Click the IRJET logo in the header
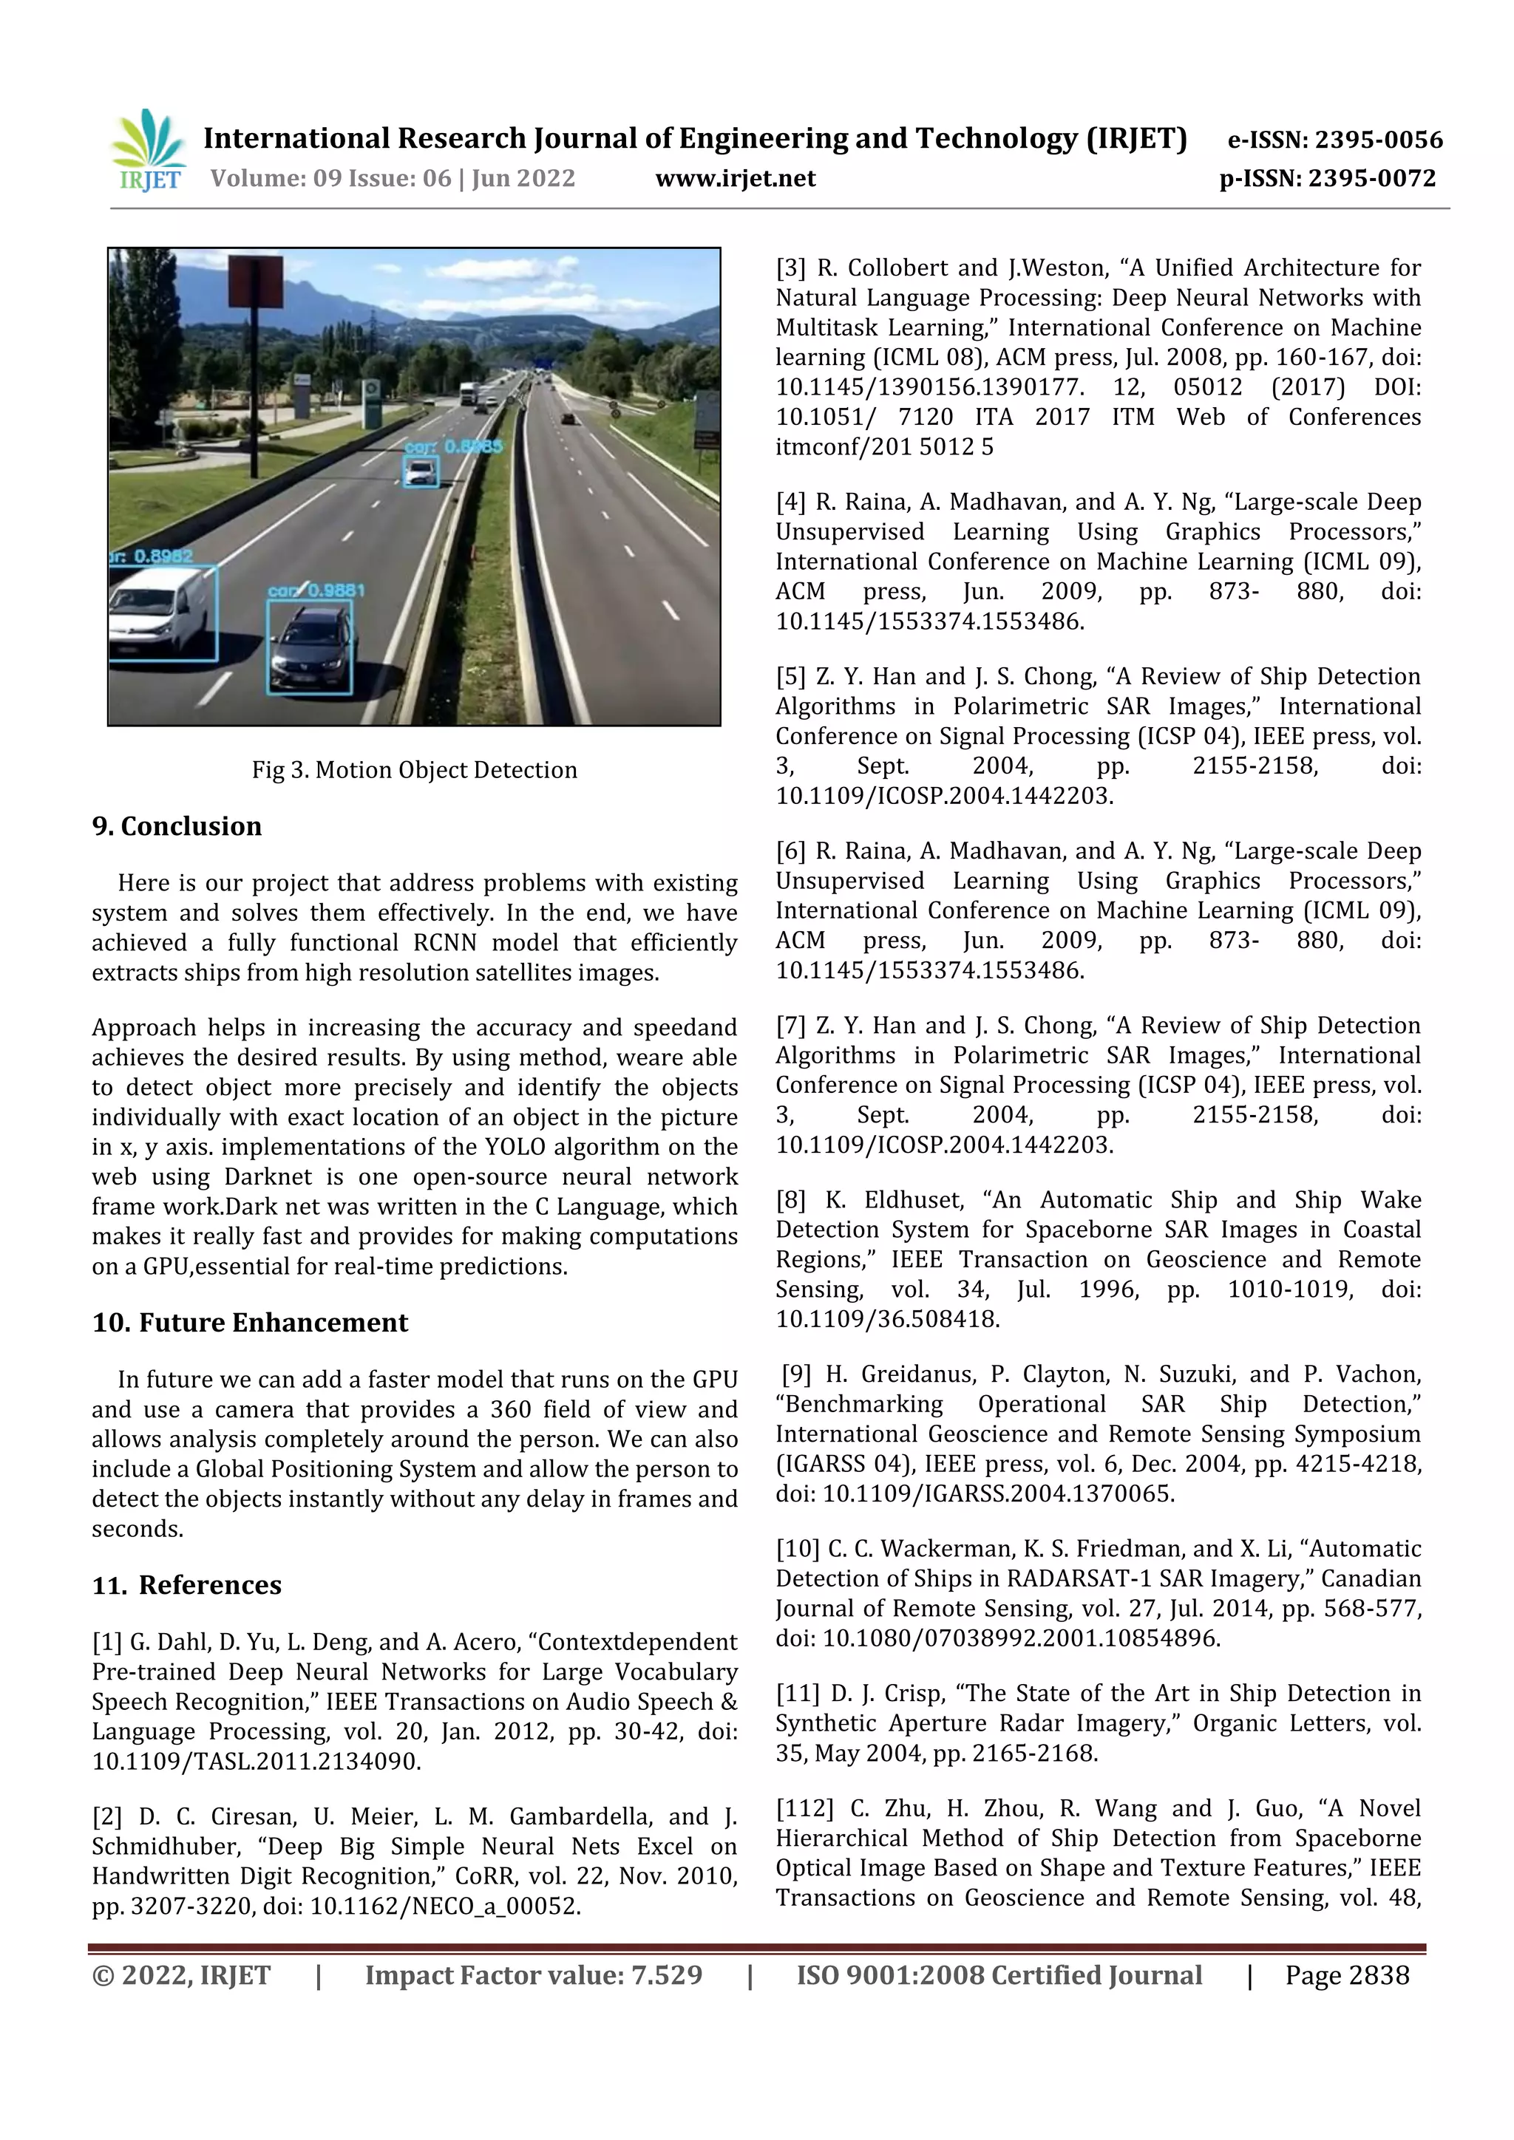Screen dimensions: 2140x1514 pos(149,151)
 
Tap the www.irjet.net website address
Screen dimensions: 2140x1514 pos(735,178)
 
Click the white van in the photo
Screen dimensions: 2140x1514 pos(158,613)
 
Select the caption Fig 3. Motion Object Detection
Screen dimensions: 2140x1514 pos(414,770)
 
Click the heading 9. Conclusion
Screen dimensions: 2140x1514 pos(177,826)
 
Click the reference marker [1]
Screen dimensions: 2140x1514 pos(107,1642)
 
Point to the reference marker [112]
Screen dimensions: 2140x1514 pos(804,1808)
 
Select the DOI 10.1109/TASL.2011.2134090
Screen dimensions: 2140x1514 pos(257,1762)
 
